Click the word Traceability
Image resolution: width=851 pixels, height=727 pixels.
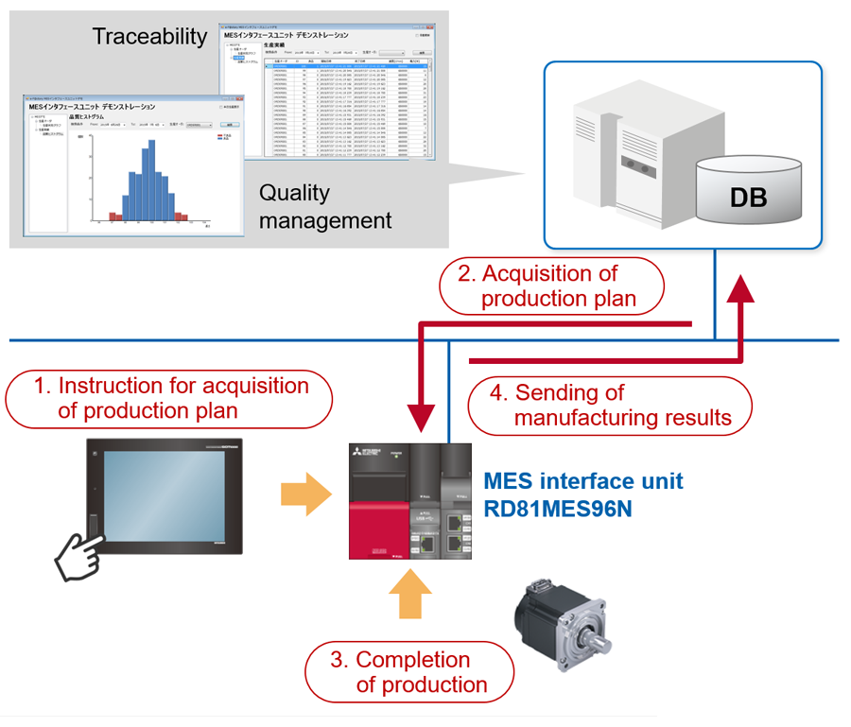coord(149,37)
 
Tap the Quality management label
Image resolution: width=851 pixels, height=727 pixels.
coord(324,206)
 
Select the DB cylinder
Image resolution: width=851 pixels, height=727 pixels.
coord(747,197)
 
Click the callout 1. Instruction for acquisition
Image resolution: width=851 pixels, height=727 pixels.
coord(170,398)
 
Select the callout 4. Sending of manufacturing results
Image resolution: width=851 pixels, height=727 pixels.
coord(610,405)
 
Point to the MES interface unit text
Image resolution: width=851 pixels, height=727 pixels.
coord(582,481)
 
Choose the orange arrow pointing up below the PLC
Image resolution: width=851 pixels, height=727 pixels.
coord(409,596)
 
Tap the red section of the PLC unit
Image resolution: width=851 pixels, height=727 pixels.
coord(378,530)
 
